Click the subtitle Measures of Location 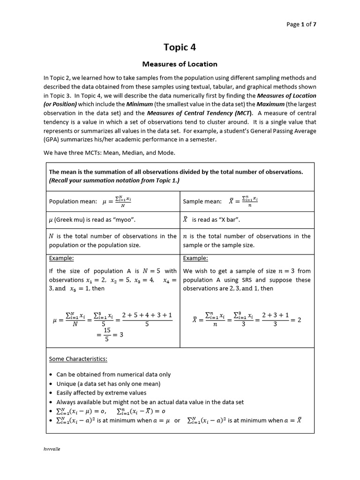180,64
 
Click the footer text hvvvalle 52,449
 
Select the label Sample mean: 202,202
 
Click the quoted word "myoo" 125,219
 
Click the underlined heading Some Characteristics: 78,359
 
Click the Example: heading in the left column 61,258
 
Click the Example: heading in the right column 195,258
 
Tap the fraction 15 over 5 106,335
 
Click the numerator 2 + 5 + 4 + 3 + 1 147,315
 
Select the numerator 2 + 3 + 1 275,315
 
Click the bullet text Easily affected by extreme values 101,393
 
